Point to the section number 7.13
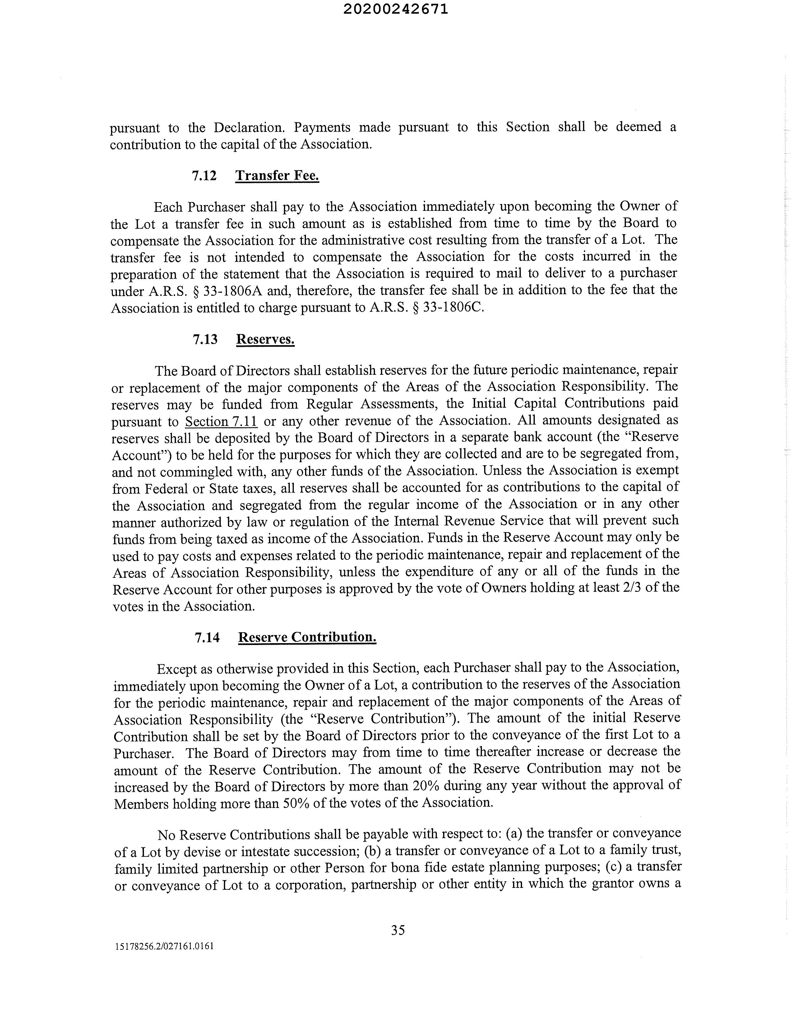click(205, 340)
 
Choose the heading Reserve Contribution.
click(307, 637)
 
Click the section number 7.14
click(207, 638)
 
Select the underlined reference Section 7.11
click(221, 421)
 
